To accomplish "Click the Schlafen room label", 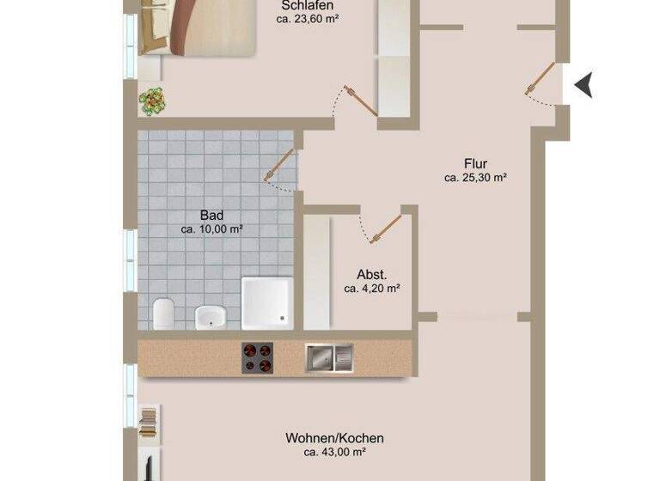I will click(x=307, y=4).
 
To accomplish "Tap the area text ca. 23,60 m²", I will click(x=307, y=18).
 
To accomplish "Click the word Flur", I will click(x=475, y=164).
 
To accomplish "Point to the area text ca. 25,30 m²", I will click(x=475, y=179).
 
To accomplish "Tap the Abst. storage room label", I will click(x=372, y=275).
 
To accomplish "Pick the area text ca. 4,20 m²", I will click(x=372, y=289).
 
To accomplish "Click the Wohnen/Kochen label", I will click(x=334, y=437).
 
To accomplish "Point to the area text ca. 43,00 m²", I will click(x=334, y=452).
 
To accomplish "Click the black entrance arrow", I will click(x=584, y=84).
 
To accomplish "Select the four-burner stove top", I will click(x=257, y=356).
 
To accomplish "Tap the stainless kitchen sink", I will click(x=328, y=356).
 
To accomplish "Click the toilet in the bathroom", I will click(x=164, y=314).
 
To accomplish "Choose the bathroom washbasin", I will click(x=210, y=316).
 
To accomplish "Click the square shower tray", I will click(x=267, y=303).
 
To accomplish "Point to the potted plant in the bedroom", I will click(x=153, y=101).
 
